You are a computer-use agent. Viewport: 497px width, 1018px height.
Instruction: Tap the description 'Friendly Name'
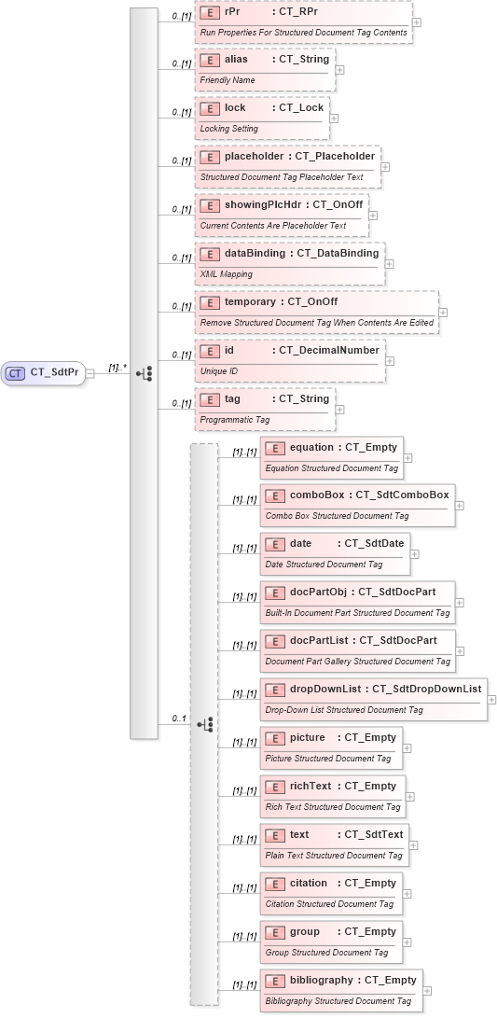(x=228, y=80)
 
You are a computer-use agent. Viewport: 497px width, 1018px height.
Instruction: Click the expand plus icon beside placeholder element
(x=385, y=167)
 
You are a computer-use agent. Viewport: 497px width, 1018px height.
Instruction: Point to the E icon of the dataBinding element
(x=211, y=254)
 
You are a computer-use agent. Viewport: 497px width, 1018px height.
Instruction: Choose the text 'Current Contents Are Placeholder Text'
(x=273, y=226)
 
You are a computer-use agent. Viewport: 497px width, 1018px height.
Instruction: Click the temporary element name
(x=249, y=302)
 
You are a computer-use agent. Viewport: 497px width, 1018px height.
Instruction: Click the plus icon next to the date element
(x=415, y=554)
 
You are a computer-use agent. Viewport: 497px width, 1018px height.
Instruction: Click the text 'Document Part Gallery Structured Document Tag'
(x=357, y=662)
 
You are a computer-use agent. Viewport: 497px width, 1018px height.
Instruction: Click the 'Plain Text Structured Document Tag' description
(x=334, y=856)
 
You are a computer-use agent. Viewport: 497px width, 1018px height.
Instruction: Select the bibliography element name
(x=322, y=981)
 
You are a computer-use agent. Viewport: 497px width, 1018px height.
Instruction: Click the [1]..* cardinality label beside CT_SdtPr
(x=117, y=368)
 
